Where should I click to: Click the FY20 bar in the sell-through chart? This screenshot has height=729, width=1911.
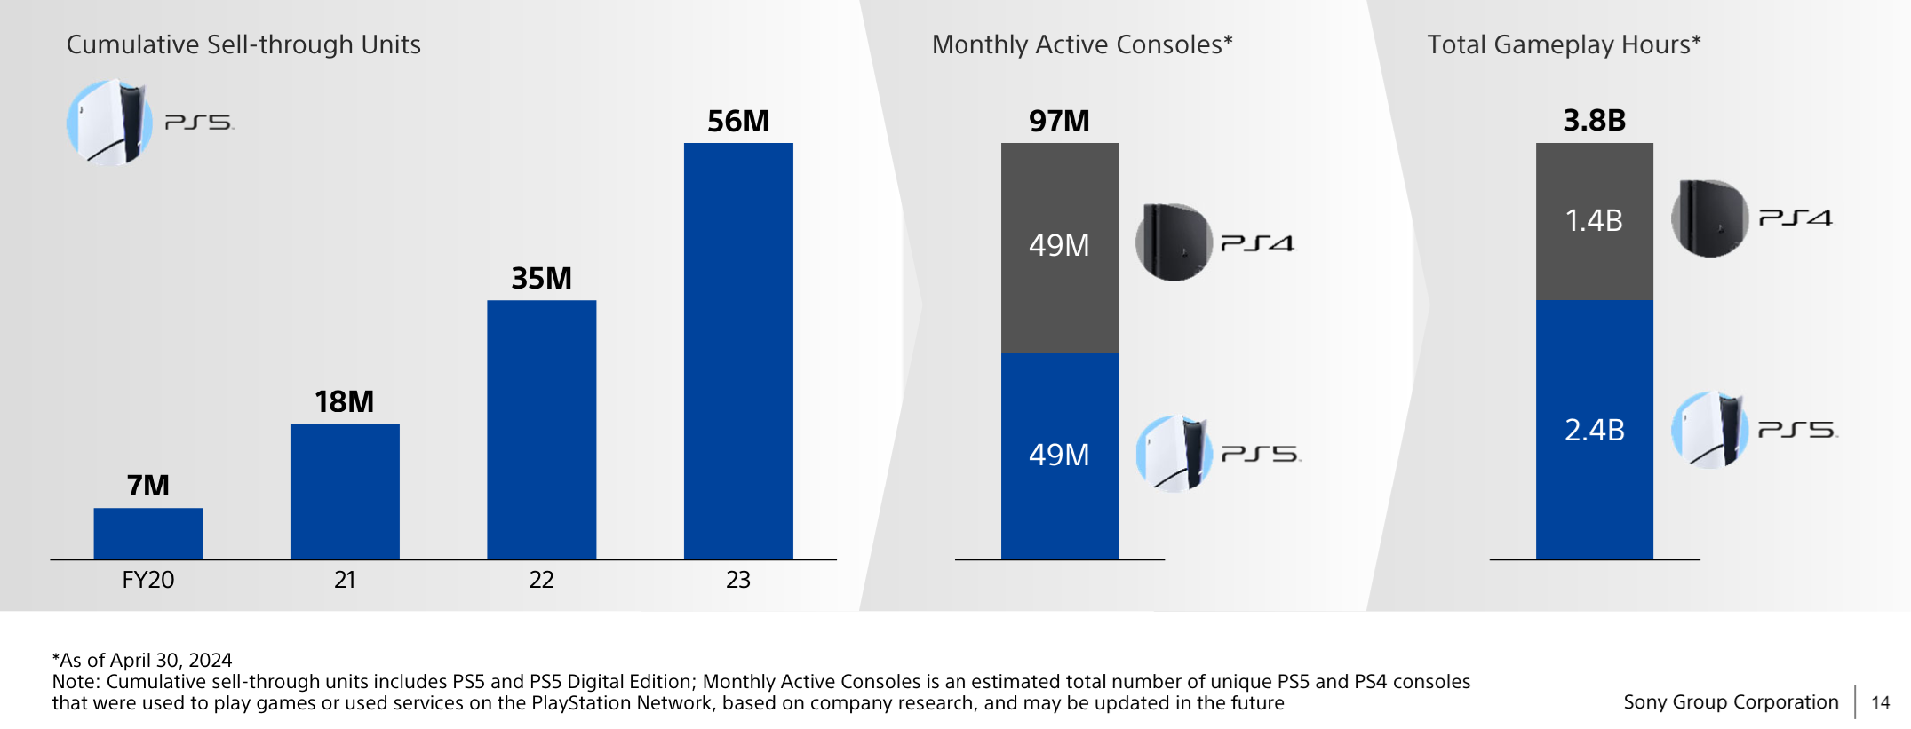coord(148,534)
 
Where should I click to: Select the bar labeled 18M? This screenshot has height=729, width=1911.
coord(345,491)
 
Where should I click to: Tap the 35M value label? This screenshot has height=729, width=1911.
coord(541,279)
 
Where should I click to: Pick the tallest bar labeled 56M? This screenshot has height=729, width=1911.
coord(738,351)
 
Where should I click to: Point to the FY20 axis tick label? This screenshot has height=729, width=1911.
coord(148,580)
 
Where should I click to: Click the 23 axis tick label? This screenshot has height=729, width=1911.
coord(738,580)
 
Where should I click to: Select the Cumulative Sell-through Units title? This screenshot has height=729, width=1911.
coord(243,44)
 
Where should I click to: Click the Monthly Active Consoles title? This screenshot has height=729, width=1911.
coord(1082,44)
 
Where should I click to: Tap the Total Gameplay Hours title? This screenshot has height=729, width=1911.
coord(1564,44)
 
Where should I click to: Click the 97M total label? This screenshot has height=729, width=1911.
coord(1059,121)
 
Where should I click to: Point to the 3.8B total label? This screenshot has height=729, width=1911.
coord(1595,120)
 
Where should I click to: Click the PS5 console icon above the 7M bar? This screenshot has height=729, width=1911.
coord(108,123)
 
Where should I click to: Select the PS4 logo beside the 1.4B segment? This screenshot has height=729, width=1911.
coord(1796,218)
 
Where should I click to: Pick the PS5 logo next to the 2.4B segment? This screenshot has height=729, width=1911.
coord(1797,430)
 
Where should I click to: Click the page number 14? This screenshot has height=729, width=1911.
coord(1880,702)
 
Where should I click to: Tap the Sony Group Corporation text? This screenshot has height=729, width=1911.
coord(1731,702)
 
